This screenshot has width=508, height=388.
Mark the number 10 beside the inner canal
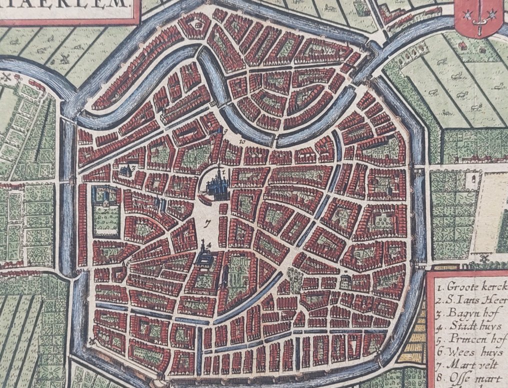241,142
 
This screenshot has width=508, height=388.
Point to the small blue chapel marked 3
125,170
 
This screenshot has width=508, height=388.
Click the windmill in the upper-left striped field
64,58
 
